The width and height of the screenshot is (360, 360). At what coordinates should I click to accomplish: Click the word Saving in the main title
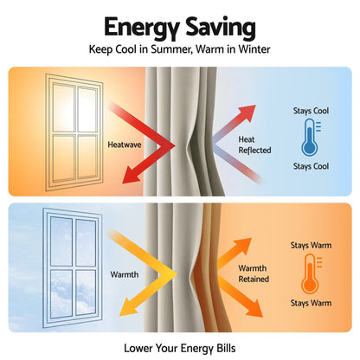point(221,27)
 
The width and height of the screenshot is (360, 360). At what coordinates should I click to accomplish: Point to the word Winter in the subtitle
point(254,49)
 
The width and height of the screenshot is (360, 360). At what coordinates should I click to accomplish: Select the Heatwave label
point(125,145)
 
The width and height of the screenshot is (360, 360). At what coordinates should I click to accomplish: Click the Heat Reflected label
point(254,145)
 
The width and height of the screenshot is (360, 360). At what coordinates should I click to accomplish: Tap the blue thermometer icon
point(311,138)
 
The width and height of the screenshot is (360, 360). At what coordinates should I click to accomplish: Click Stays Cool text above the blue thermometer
point(311,111)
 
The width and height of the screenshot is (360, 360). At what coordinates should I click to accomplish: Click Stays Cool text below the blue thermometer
point(311,166)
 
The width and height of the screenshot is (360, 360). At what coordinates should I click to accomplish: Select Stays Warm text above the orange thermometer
point(311,246)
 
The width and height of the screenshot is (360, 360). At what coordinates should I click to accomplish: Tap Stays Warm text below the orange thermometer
point(311,303)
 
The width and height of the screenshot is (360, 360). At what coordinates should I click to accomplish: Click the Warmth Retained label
point(254,273)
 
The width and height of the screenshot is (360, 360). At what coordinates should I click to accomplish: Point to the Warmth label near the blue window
point(125,274)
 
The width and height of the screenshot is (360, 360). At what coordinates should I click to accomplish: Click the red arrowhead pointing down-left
point(132,176)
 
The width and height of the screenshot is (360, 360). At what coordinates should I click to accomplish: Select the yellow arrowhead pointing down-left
point(128,307)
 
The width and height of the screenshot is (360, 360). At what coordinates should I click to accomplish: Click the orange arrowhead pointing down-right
point(253,309)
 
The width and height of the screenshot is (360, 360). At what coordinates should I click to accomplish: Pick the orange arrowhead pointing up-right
point(243,246)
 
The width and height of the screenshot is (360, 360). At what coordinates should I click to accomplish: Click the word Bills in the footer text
point(226,348)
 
